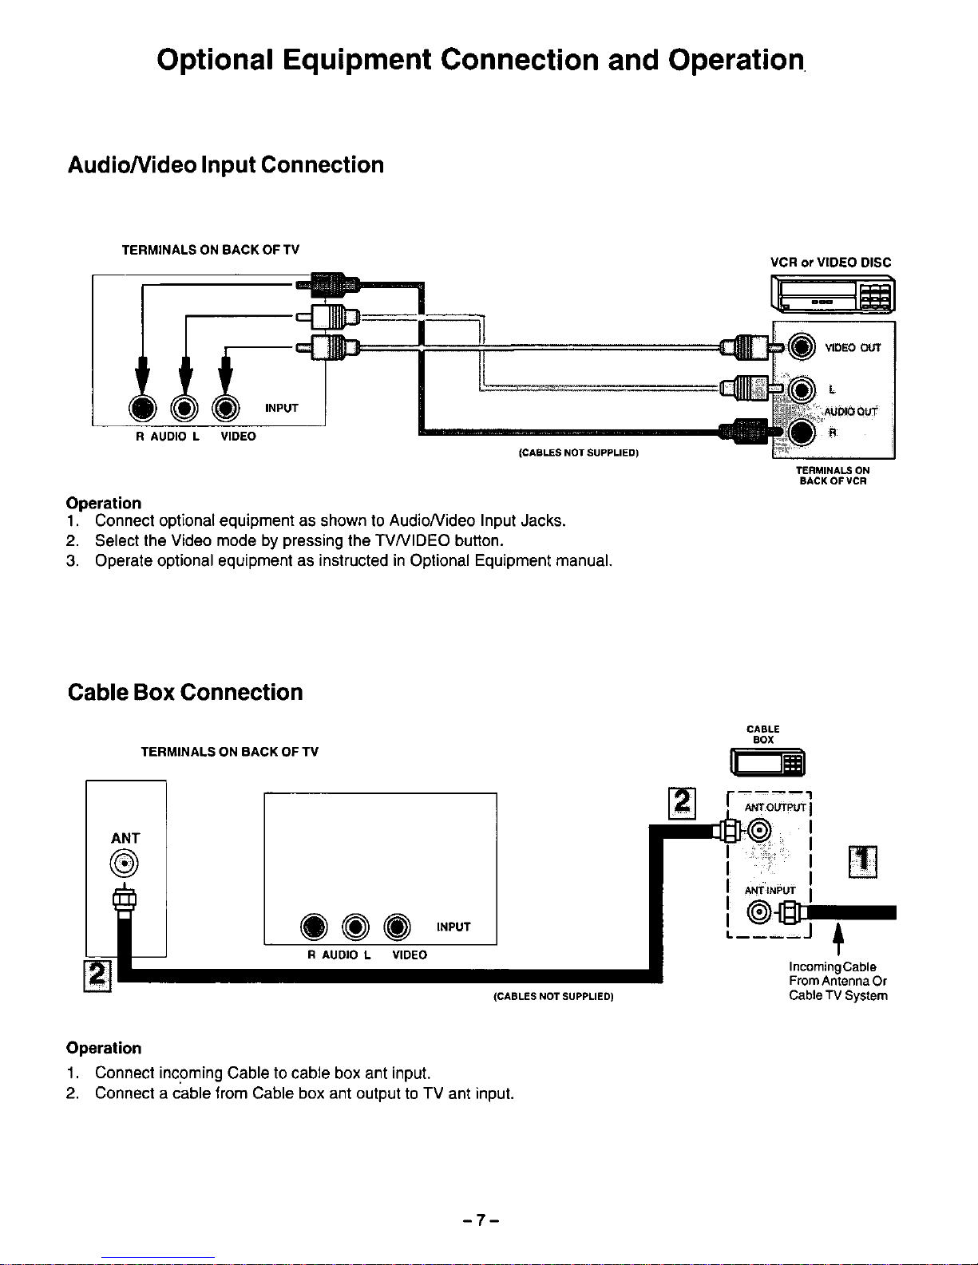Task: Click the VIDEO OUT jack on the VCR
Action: coord(802,347)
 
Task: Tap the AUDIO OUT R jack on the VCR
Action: coord(802,432)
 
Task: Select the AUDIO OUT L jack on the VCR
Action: coord(802,389)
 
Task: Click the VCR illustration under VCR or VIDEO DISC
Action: coord(833,294)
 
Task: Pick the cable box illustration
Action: coord(768,762)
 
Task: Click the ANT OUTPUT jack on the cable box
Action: coord(759,830)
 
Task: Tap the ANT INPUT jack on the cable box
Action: coord(759,912)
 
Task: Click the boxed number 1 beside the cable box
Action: coord(863,862)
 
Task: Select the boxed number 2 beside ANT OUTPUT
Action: coord(682,803)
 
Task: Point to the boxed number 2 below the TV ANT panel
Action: coord(97,975)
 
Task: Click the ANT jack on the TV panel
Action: coord(124,863)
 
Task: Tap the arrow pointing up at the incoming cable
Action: coord(838,939)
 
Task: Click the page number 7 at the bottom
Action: coord(481,1220)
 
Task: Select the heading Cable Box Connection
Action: coord(185,692)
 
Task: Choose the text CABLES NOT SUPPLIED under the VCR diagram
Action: coord(579,453)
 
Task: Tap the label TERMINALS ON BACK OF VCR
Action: coord(833,476)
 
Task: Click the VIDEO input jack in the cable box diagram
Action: coord(397,927)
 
